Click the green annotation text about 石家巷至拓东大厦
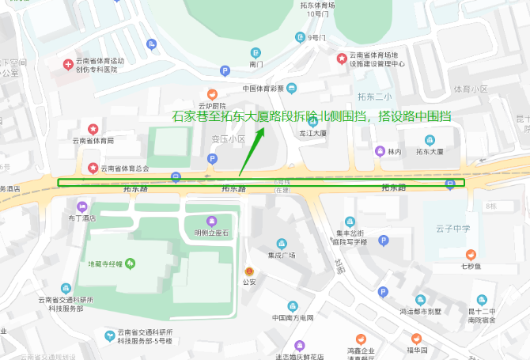tap(312, 116)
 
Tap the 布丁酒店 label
tap(81, 218)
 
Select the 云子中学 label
tap(452, 229)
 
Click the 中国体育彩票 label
tap(263, 88)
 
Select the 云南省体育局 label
tap(93, 141)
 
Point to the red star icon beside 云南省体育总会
tap(93, 168)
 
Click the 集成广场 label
tap(281, 256)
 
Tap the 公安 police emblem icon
tap(250, 270)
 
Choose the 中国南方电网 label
tap(293, 318)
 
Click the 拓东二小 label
tap(375, 97)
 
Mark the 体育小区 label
tap(471, 90)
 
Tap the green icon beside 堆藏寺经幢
tap(131, 263)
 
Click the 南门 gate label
tap(256, 63)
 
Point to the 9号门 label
tap(316, 37)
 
